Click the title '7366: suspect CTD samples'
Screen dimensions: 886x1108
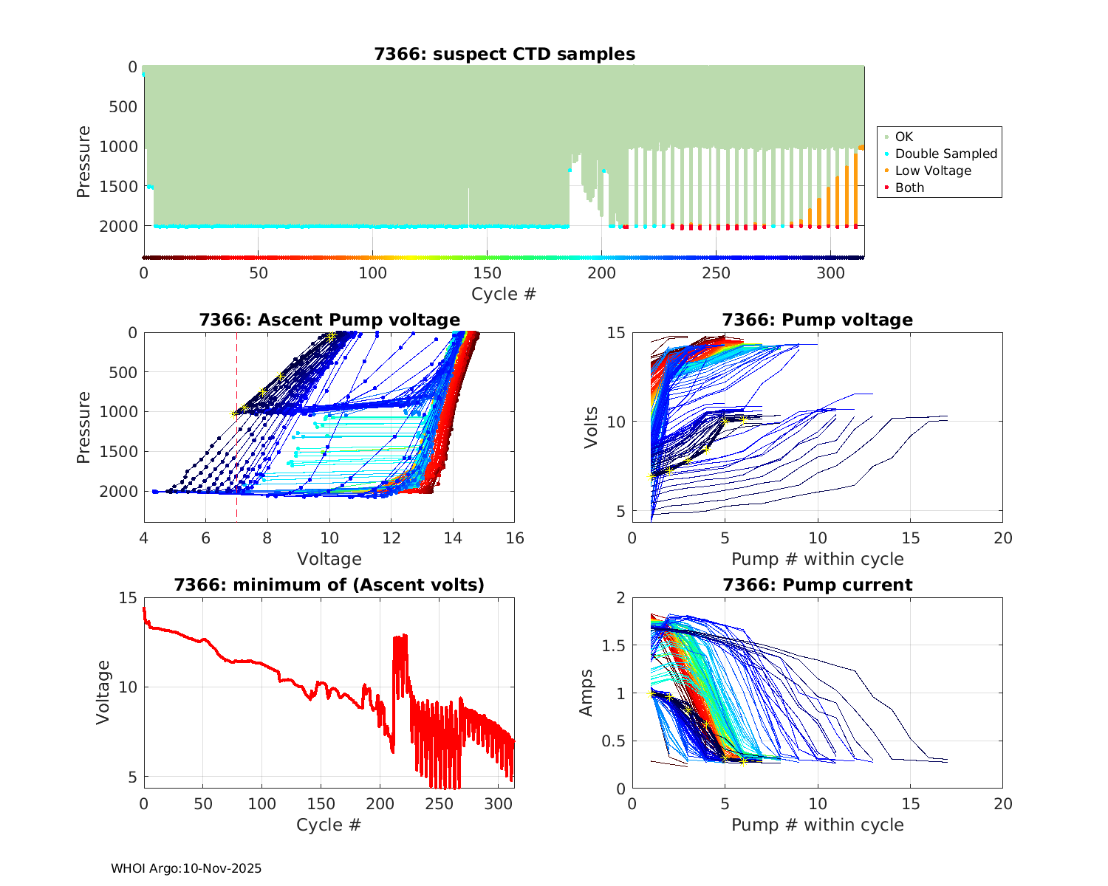coord(505,54)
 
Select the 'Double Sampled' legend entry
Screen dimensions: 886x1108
coord(945,154)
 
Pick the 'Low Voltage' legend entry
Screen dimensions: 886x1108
coord(933,171)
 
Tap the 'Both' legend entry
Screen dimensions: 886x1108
coord(909,188)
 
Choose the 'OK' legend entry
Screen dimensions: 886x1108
coord(903,137)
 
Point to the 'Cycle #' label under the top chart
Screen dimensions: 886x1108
coord(504,294)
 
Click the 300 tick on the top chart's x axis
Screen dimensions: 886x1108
coord(831,273)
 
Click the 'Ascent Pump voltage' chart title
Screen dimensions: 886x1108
coord(329,320)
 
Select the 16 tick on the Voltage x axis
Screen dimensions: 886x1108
coord(515,538)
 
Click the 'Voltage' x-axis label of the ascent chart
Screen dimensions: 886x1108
coord(329,559)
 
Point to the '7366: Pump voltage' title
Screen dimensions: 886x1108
coord(817,320)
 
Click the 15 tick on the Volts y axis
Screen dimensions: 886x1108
coord(616,333)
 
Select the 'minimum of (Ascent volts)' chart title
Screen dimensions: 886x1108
coord(329,585)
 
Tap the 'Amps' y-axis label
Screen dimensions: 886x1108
coord(587,693)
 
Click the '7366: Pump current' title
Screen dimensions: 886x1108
coord(817,585)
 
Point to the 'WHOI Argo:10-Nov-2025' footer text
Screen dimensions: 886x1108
coord(186,868)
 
